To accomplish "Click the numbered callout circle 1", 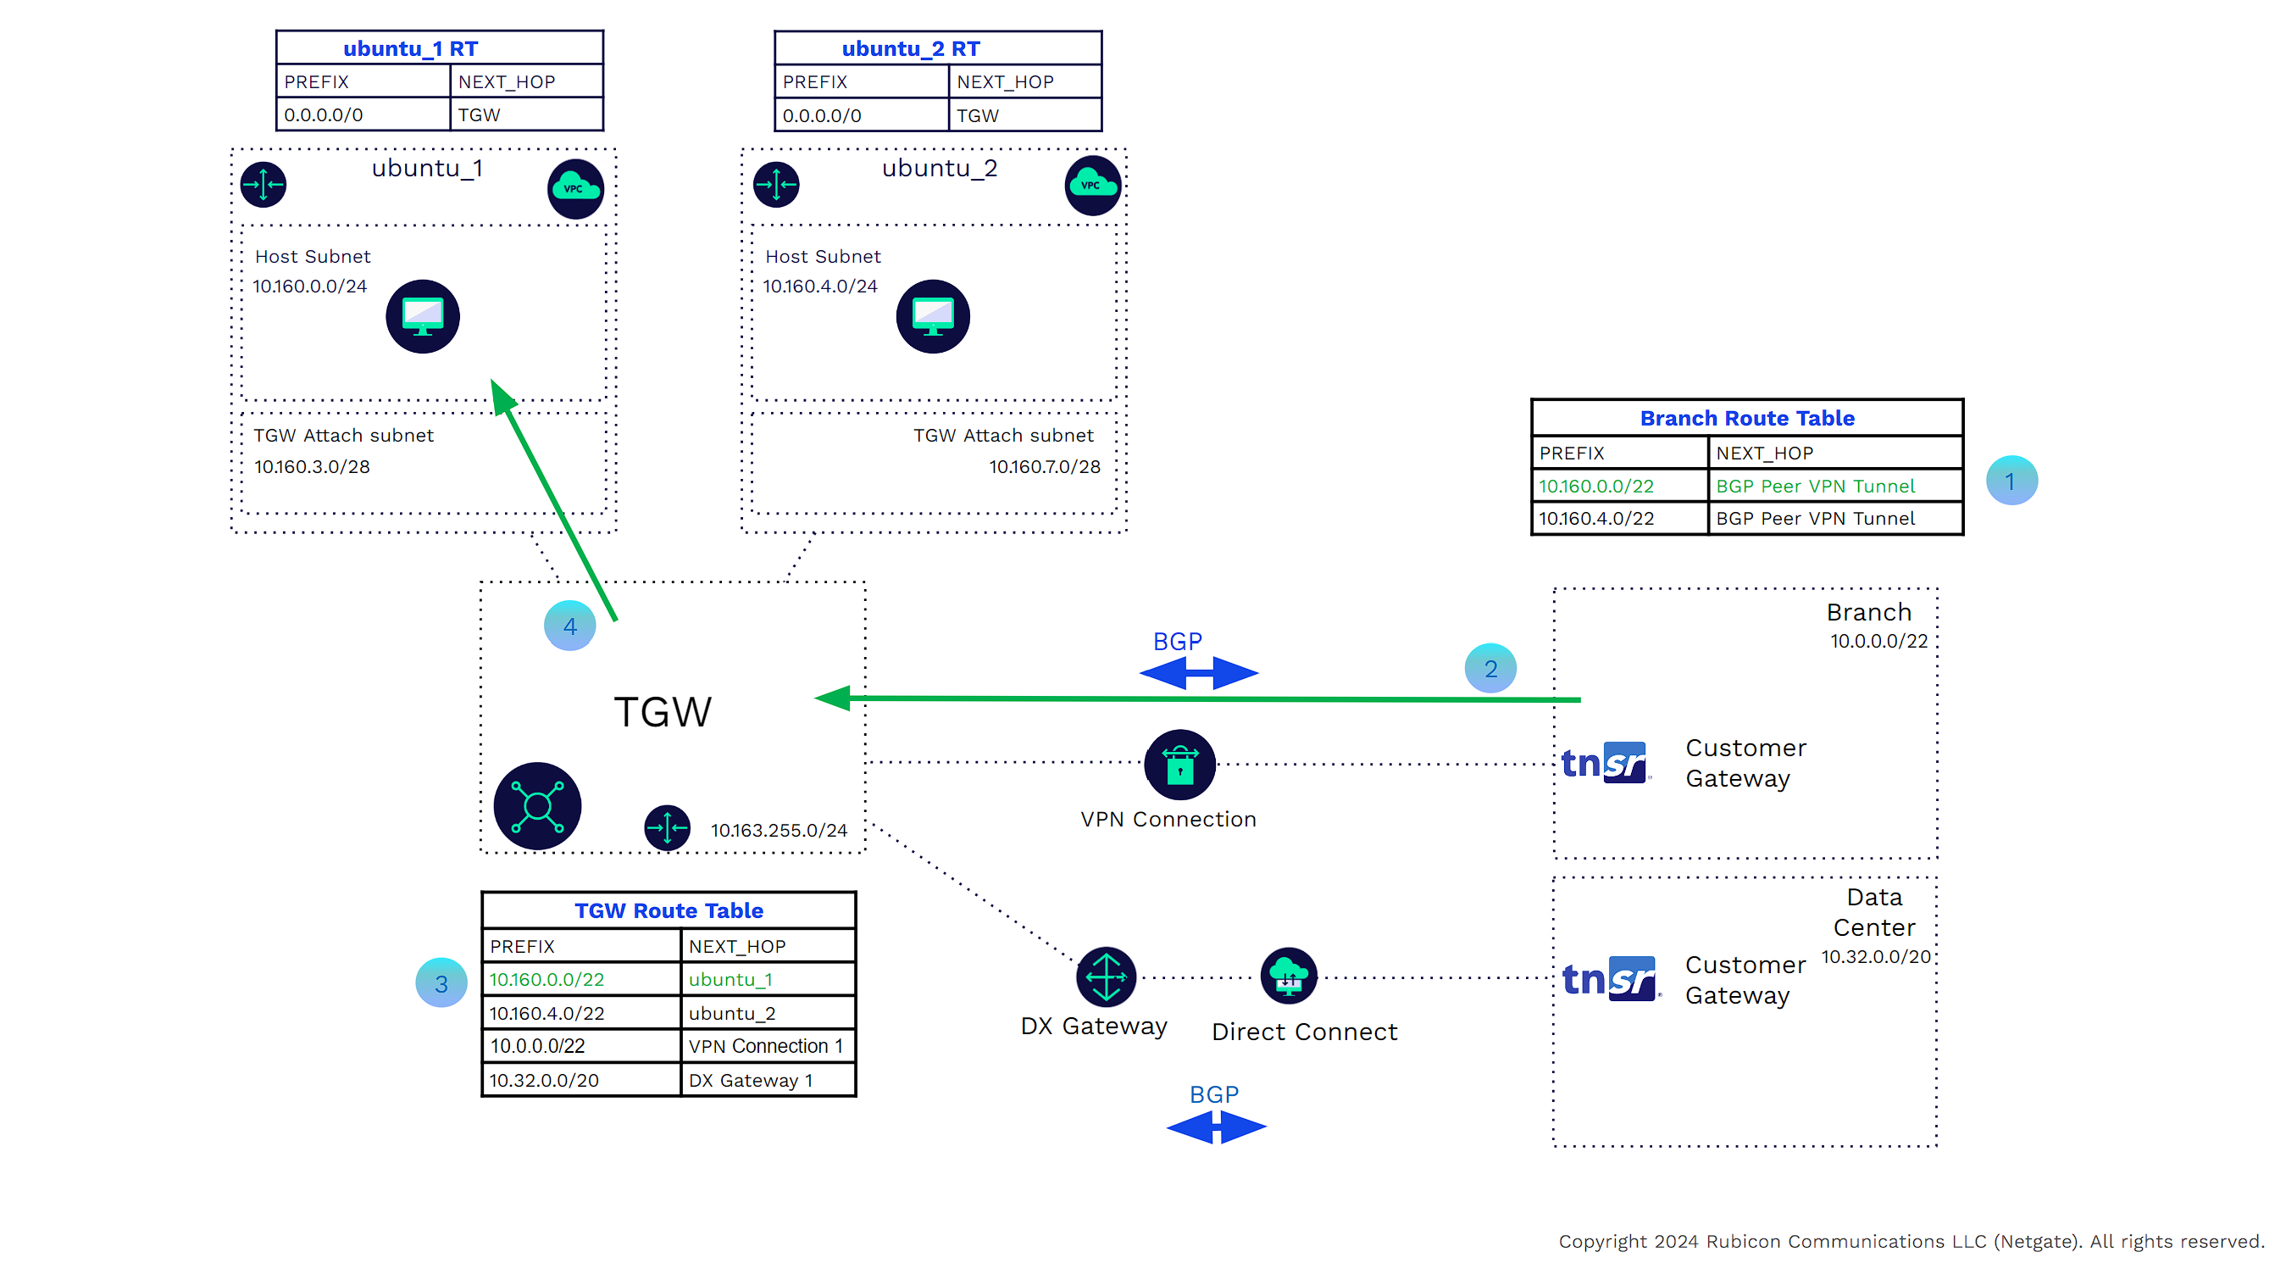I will coord(2011,481).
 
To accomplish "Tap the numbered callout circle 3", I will coord(441,982).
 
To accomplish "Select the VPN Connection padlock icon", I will coord(1179,765).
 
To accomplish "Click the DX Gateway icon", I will coord(1106,977).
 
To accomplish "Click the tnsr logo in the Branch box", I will coord(1606,763).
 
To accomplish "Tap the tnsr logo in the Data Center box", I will coord(1609,978).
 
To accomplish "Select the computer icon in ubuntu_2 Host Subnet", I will coord(933,317).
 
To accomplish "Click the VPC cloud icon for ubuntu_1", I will coord(575,188).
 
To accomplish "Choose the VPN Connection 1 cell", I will coord(767,1046).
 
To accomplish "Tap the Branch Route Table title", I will coord(1746,418).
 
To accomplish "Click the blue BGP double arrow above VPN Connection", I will coord(1199,673).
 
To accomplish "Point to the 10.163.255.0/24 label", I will coord(779,830).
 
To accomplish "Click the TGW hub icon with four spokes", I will coord(537,806).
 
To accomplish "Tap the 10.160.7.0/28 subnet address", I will coord(1045,467).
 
